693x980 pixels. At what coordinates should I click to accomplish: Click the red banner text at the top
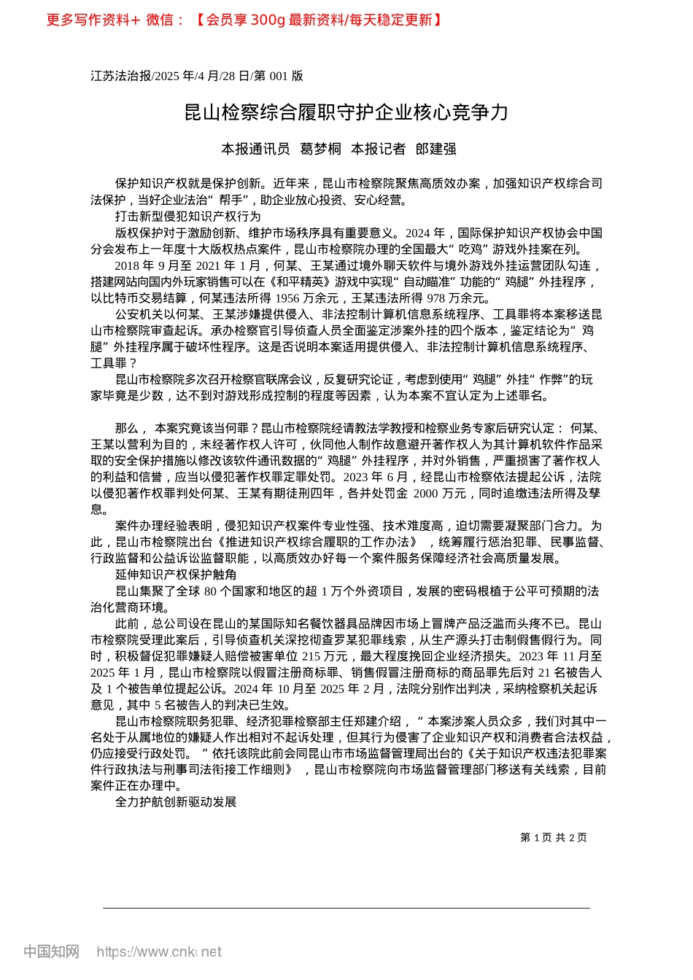click(244, 20)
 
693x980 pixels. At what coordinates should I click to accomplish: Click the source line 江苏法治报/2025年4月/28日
click(197, 76)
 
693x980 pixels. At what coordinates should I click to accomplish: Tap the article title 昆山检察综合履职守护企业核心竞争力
click(346, 112)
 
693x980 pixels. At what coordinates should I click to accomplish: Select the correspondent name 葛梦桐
click(321, 149)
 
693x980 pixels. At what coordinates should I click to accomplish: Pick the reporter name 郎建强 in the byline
click(435, 149)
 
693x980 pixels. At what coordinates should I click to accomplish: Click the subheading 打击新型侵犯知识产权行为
click(187, 217)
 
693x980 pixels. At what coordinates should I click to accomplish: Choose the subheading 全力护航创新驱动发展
click(176, 802)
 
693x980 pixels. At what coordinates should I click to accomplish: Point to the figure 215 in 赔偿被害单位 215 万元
click(313, 656)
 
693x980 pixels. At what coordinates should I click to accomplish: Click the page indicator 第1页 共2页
click(553, 838)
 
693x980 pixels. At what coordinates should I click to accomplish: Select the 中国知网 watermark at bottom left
click(51, 952)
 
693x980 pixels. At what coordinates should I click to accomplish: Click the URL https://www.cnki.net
click(158, 952)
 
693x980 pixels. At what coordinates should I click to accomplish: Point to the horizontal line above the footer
click(346, 908)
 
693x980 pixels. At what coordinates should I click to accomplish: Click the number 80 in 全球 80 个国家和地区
click(211, 591)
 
